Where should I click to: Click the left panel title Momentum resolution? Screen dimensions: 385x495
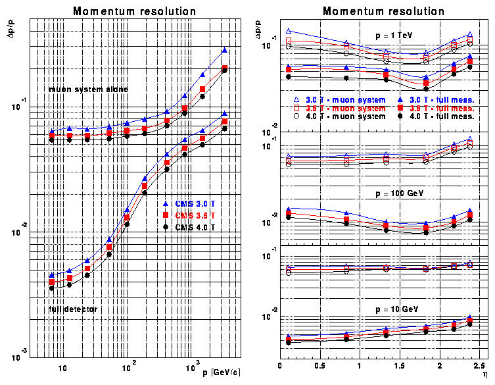[x=134, y=11]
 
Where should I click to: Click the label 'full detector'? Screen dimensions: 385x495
[x=73, y=308]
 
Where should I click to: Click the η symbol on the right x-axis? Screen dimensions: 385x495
[x=484, y=373]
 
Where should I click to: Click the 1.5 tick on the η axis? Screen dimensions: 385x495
[x=400, y=365]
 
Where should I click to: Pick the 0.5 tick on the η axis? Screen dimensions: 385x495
[x=320, y=365]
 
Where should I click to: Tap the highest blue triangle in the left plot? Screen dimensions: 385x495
[x=225, y=51]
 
